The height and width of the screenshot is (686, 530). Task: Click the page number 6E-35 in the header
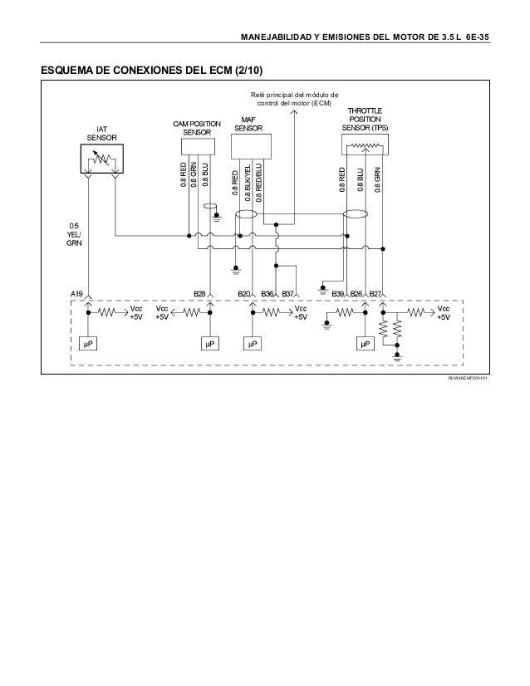click(475, 37)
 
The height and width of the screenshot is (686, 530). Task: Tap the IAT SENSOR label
click(101, 133)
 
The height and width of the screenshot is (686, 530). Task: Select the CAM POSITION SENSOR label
click(197, 128)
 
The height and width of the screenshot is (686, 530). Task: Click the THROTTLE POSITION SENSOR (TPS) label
click(366, 119)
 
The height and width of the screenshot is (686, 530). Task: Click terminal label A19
click(76, 294)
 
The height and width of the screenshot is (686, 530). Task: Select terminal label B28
click(199, 294)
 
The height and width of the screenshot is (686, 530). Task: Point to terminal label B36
click(267, 294)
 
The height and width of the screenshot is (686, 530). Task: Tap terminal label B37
click(288, 294)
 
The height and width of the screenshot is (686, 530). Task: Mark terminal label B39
click(338, 294)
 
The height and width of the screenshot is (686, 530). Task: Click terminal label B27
click(375, 294)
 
